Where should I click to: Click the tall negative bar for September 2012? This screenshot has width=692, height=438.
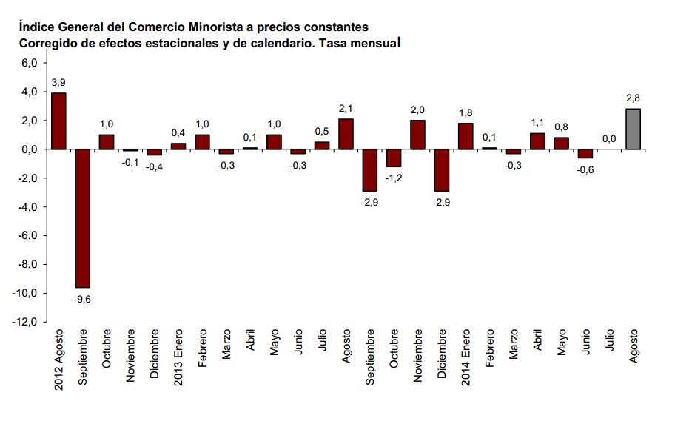[x=82, y=218]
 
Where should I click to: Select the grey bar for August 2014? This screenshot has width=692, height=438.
[x=634, y=129]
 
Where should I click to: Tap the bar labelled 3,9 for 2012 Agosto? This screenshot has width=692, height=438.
[x=58, y=121]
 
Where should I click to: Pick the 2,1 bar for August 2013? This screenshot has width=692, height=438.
[x=346, y=134]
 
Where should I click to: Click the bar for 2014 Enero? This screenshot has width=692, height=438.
[x=466, y=136]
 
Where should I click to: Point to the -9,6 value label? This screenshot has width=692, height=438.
[x=82, y=298]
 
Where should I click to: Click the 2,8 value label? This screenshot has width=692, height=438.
[x=634, y=98]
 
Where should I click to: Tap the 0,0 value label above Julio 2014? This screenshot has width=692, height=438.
[x=609, y=138]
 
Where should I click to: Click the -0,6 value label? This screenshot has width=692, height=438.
[x=585, y=169]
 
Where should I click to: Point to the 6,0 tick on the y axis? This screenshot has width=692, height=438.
[x=28, y=64]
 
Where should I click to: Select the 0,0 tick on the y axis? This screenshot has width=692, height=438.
[x=28, y=149]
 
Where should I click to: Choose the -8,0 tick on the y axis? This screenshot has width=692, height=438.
[x=27, y=265]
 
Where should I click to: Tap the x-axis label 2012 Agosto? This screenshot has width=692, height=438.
[x=58, y=361]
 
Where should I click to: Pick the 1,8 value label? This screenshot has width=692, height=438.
[x=466, y=112]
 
